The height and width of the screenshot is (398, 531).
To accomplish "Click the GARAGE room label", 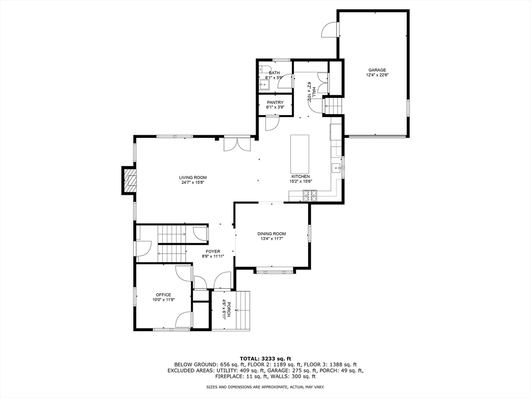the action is click(377, 70).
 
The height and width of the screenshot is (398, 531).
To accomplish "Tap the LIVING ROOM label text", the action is click(193, 177).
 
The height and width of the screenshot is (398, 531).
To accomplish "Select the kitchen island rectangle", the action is click(300, 153).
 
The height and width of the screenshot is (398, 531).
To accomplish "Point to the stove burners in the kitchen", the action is click(310, 195).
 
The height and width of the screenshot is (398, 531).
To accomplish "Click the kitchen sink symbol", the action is click(336, 167).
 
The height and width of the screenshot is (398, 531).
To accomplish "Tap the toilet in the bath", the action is click(263, 68).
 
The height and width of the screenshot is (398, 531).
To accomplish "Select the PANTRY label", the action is click(275, 103).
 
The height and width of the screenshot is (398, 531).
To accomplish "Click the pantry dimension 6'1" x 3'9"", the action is click(275, 107).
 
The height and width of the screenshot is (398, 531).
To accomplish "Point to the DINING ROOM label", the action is click(272, 234).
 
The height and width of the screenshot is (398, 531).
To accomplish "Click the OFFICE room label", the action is click(163, 295).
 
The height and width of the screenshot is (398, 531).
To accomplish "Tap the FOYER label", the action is click(213, 251).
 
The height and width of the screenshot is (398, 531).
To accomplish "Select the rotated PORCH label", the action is click(229, 309).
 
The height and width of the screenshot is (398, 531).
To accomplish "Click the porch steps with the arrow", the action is click(243, 310).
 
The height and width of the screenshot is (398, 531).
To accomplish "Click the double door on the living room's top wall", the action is click(237, 144).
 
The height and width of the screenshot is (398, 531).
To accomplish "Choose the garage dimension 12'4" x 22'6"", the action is click(377, 75).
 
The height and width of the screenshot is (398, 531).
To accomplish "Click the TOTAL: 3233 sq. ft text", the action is click(265, 359).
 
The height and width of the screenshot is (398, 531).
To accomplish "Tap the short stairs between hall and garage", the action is click(333, 106).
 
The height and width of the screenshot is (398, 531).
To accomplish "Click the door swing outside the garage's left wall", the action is click(329, 30).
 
